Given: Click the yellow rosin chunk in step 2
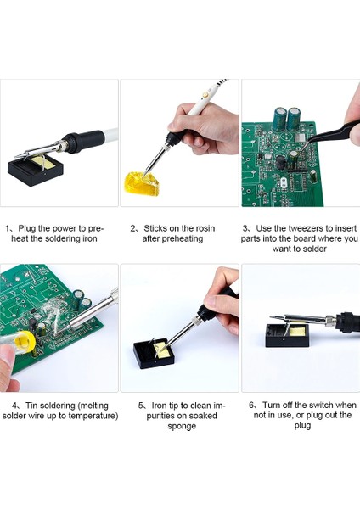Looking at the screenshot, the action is coord(142,183).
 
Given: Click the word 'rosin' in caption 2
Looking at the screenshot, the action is coord(203,228).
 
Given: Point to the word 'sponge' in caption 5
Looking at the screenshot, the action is coord(182,426).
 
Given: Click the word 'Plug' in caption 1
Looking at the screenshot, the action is coord(27,228).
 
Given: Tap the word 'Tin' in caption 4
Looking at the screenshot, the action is coord(31,406).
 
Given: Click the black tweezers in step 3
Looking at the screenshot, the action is coord(327,135).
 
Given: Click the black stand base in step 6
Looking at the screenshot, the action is coord(287,336).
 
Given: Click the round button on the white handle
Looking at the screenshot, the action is coord(205,95).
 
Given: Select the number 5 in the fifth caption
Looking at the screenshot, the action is coord(140,406).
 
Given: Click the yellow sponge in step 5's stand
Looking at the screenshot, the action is coord(161,350).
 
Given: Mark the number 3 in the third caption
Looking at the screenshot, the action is coord(245,228).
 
